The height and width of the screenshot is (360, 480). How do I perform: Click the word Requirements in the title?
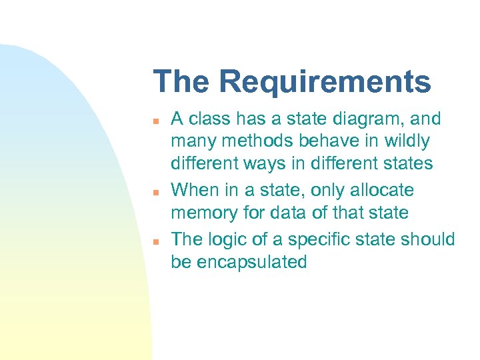(x=325, y=82)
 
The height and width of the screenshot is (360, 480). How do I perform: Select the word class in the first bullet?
(x=208, y=119)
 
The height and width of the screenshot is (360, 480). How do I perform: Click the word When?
(x=195, y=191)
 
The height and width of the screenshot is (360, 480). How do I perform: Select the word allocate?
(x=383, y=191)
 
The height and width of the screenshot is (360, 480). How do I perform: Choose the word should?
(x=431, y=239)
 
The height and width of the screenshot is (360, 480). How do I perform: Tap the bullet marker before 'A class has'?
(x=155, y=121)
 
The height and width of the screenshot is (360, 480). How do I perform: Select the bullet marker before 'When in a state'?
(x=155, y=192)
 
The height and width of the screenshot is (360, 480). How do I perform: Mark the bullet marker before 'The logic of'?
(x=155, y=241)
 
